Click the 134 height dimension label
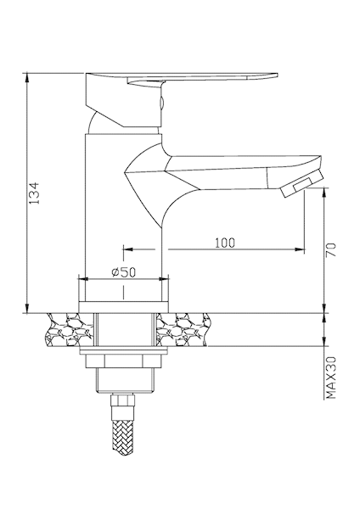click(x=34, y=193)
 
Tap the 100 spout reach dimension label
click(x=224, y=243)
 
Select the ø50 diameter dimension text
click(x=124, y=272)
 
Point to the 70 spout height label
click(x=331, y=250)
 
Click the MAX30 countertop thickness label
click(x=331, y=378)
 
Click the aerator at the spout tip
click(x=303, y=184)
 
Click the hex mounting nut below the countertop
click(x=123, y=361)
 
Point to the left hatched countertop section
click(x=69, y=330)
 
